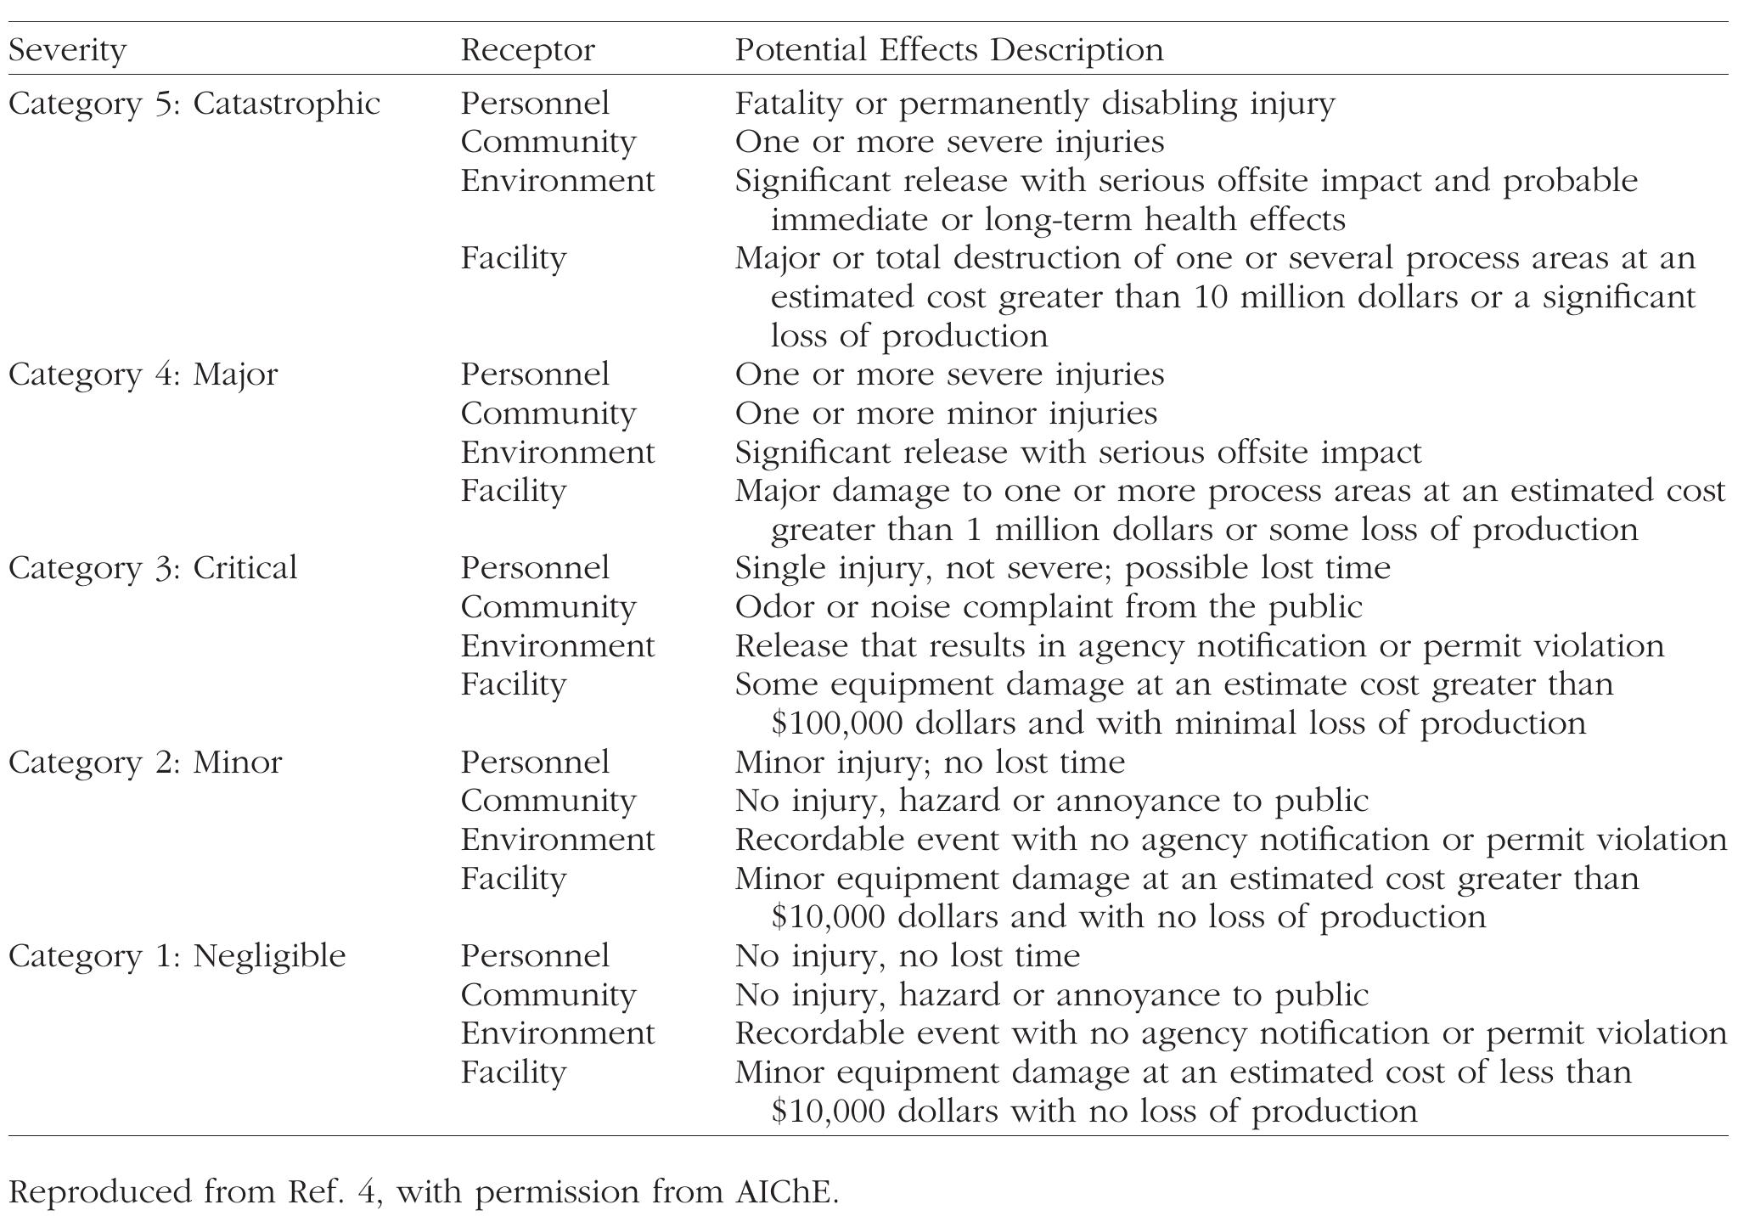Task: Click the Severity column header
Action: coord(67,50)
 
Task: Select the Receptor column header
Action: coord(527,50)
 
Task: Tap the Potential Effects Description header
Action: coord(948,50)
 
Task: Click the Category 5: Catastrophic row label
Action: coord(194,104)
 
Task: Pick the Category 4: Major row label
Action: coord(143,374)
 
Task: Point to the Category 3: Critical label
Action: coord(153,568)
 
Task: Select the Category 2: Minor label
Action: coord(145,762)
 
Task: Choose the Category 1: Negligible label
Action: coord(177,956)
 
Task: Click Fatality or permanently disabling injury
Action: coord(1034,104)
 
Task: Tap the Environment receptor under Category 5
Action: coord(558,181)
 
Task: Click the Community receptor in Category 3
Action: coord(548,607)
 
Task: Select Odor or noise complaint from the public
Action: coord(1048,607)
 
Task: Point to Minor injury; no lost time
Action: coord(930,762)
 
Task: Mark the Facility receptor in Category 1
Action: coord(513,1072)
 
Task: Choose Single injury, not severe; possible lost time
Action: coord(1062,568)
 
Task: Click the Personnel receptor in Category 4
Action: coord(535,374)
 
